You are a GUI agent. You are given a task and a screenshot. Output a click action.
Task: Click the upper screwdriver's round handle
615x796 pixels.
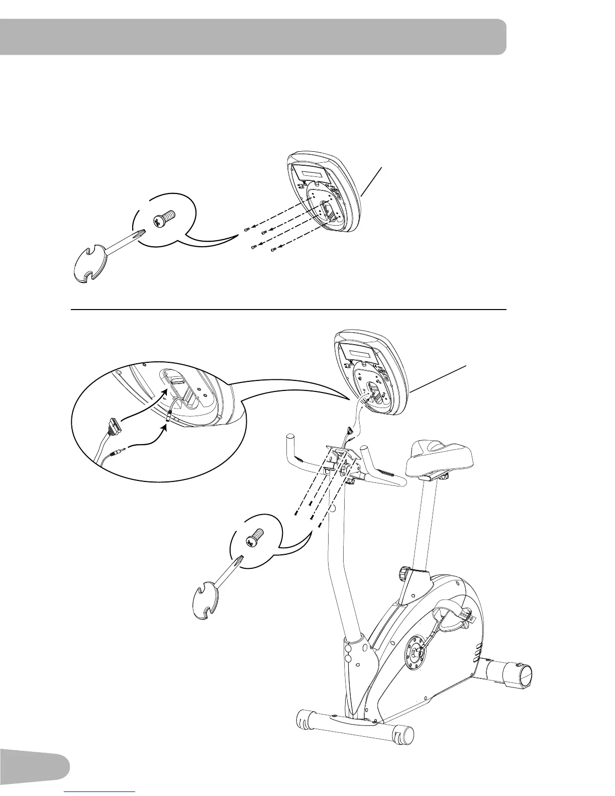point(92,265)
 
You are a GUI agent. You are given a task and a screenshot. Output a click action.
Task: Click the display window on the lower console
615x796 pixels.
point(360,350)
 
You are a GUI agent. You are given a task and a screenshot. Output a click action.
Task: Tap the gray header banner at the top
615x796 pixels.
point(251,37)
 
